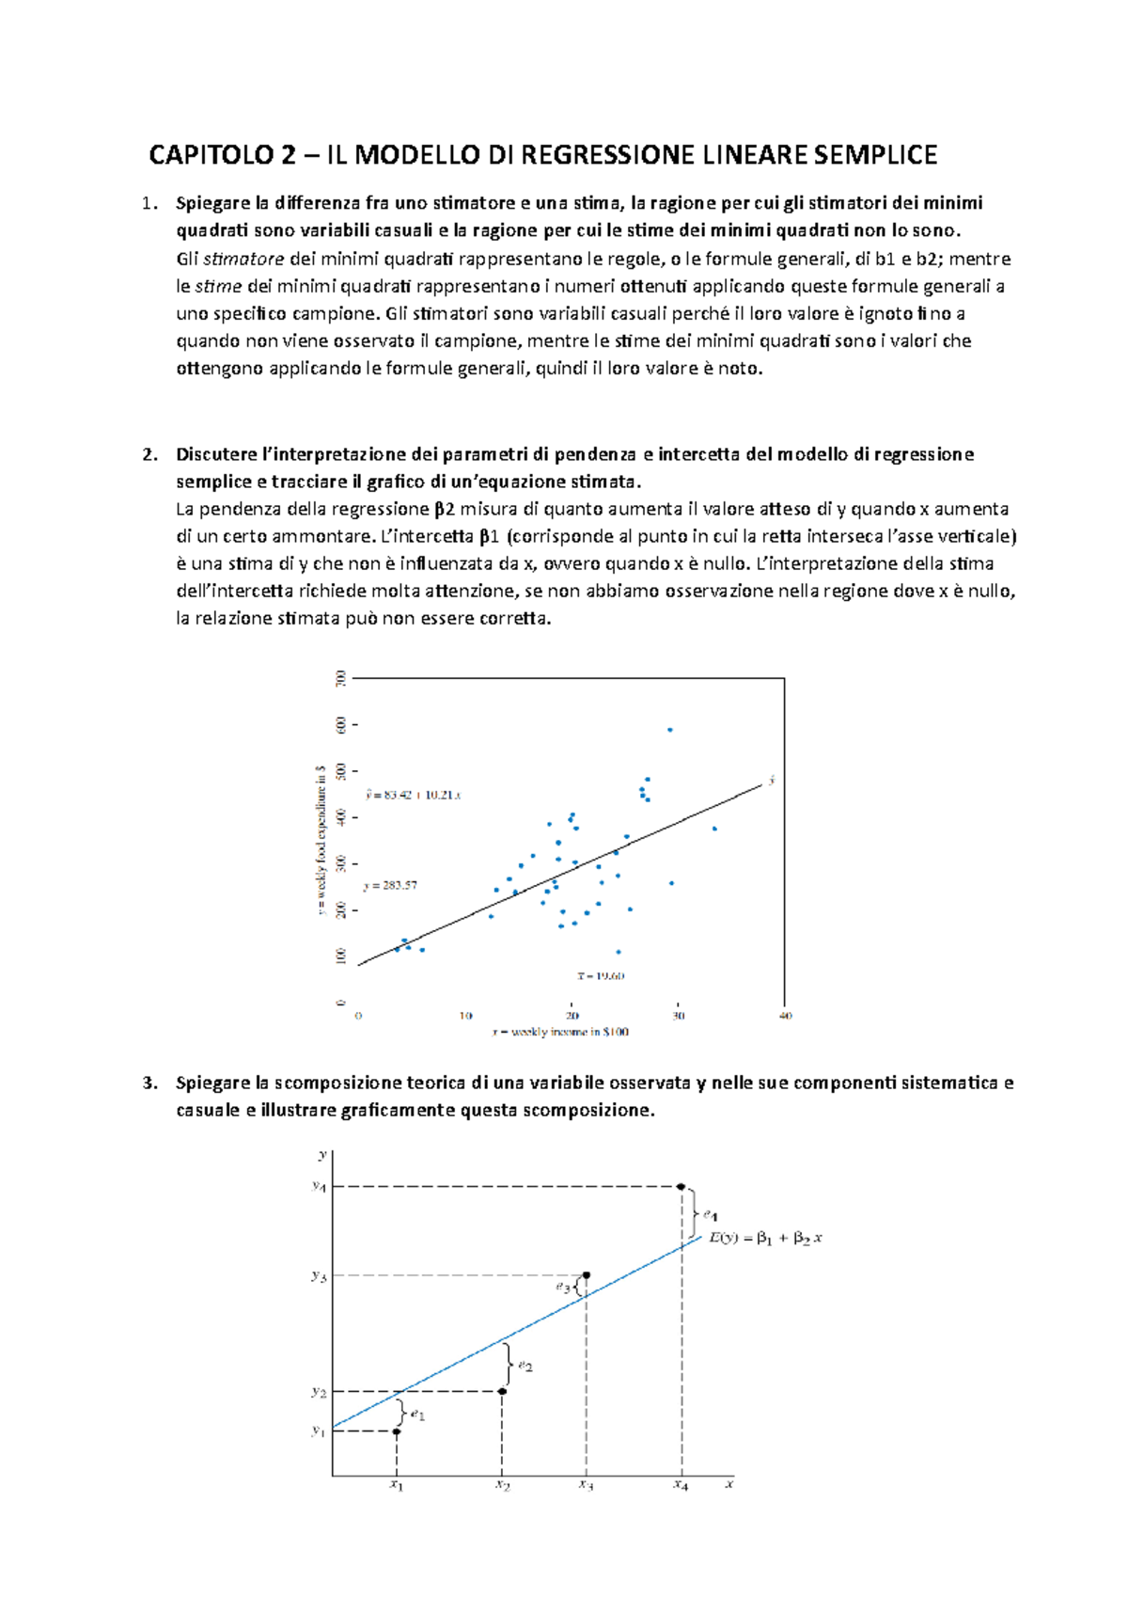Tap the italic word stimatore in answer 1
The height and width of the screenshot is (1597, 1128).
pos(243,260)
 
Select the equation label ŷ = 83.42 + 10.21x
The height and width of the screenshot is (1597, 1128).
pos(412,795)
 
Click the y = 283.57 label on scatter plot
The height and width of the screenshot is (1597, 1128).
pos(390,885)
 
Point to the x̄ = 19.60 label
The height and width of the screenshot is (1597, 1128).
pos(601,975)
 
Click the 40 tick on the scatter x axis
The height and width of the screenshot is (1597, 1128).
pos(786,1016)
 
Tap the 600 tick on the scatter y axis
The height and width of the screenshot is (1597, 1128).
pos(340,724)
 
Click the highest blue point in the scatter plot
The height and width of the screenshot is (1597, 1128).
pos(669,730)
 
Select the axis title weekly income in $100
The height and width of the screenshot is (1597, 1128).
pos(561,1032)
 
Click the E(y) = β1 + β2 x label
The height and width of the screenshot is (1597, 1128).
pos(765,1238)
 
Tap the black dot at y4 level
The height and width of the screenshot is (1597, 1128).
pos(681,1187)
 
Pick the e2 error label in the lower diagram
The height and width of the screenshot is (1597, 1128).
pos(525,1366)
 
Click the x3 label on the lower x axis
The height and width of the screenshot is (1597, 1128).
pos(586,1485)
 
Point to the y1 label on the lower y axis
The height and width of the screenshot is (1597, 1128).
pos(319,1431)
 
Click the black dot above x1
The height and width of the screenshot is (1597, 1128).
pos(397,1431)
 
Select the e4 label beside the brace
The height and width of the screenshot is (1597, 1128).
pos(711,1215)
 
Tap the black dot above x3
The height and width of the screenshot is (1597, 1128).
pos(587,1275)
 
